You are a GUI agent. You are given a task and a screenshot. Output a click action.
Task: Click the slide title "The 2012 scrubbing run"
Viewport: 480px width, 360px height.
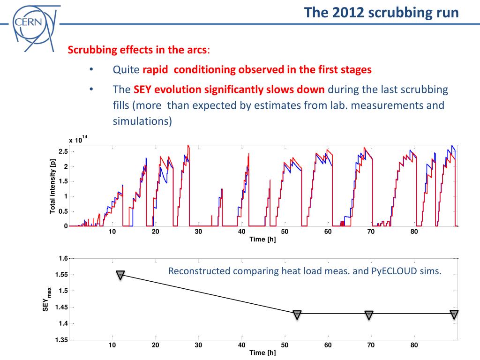[381, 12]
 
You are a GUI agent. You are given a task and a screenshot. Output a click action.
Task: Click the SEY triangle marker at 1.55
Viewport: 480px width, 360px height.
[120, 275]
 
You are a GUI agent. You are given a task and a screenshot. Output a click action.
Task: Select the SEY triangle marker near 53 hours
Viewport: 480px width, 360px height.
[297, 315]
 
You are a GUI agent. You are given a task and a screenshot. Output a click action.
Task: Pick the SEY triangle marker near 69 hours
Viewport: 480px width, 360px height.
[369, 315]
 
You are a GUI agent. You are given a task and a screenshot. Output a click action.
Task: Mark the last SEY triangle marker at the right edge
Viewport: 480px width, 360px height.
[454, 314]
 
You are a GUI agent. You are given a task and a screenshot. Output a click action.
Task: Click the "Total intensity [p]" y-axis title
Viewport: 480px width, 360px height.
[53, 186]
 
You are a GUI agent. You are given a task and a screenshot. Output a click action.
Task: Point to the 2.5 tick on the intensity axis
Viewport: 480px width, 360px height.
[63, 151]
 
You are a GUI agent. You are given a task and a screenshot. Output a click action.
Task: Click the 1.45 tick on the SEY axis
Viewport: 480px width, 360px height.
[61, 307]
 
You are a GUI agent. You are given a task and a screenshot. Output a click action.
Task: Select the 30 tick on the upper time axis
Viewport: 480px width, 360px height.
[198, 232]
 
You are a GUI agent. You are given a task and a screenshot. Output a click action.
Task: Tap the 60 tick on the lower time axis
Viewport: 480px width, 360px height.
[328, 345]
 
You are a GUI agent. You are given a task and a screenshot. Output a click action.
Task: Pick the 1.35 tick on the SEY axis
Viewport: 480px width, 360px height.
[61, 340]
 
